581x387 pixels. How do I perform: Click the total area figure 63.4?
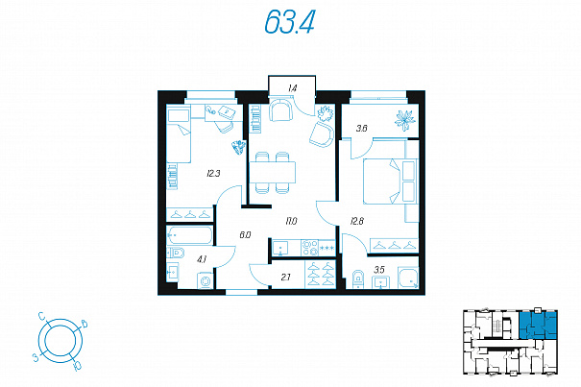click(x=289, y=21)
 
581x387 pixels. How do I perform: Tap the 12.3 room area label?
click(x=213, y=173)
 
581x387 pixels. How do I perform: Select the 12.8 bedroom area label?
click(x=357, y=221)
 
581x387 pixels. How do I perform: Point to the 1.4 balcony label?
click(x=292, y=88)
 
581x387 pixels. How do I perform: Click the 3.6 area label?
click(x=361, y=129)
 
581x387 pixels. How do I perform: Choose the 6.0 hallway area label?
click(x=245, y=234)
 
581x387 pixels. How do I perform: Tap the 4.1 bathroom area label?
click(x=202, y=259)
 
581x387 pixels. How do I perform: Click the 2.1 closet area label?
click(x=285, y=277)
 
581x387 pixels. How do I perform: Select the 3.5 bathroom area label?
click(x=379, y=270)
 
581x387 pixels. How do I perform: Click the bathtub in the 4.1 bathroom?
click(x=189, y=234)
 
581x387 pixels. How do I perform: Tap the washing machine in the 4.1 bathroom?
click(x=206, y=280)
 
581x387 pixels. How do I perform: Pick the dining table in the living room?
click(x=273, y=172)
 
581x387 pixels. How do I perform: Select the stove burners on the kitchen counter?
click(x=310, y=247)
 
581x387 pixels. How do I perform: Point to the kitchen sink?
click(x=280, y=247)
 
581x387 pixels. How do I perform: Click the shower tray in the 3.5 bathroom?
click(x=408, y=278)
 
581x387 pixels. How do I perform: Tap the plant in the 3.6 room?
click(x=404, y=120)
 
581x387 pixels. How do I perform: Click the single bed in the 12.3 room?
click(x=179, y=135)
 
